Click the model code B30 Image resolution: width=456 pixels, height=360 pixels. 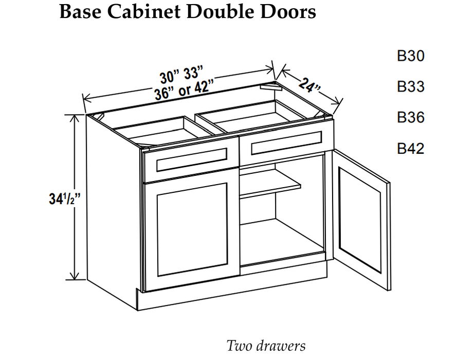pyautogui.click(x=411, y=56)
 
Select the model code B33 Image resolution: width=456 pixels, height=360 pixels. pyautogui.click(x=411, y=87)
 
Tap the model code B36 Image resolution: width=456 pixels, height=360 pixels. pyautogui.click(x=411, y=118)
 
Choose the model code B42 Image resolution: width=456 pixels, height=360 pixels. pyautogui.click(x=411, y=149)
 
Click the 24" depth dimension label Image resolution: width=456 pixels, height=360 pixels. pyautogui.click(x=308, y=84)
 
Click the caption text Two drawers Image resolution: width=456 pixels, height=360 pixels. pyautogui.click(x=266, y=346)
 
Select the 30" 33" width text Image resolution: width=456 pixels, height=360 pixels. pyautogui.click(x=181, y=75)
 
